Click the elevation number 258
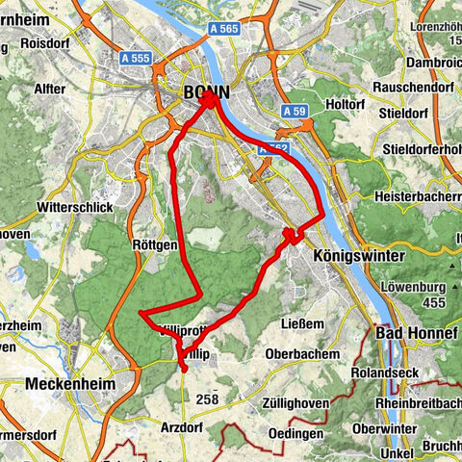[207, 398]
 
